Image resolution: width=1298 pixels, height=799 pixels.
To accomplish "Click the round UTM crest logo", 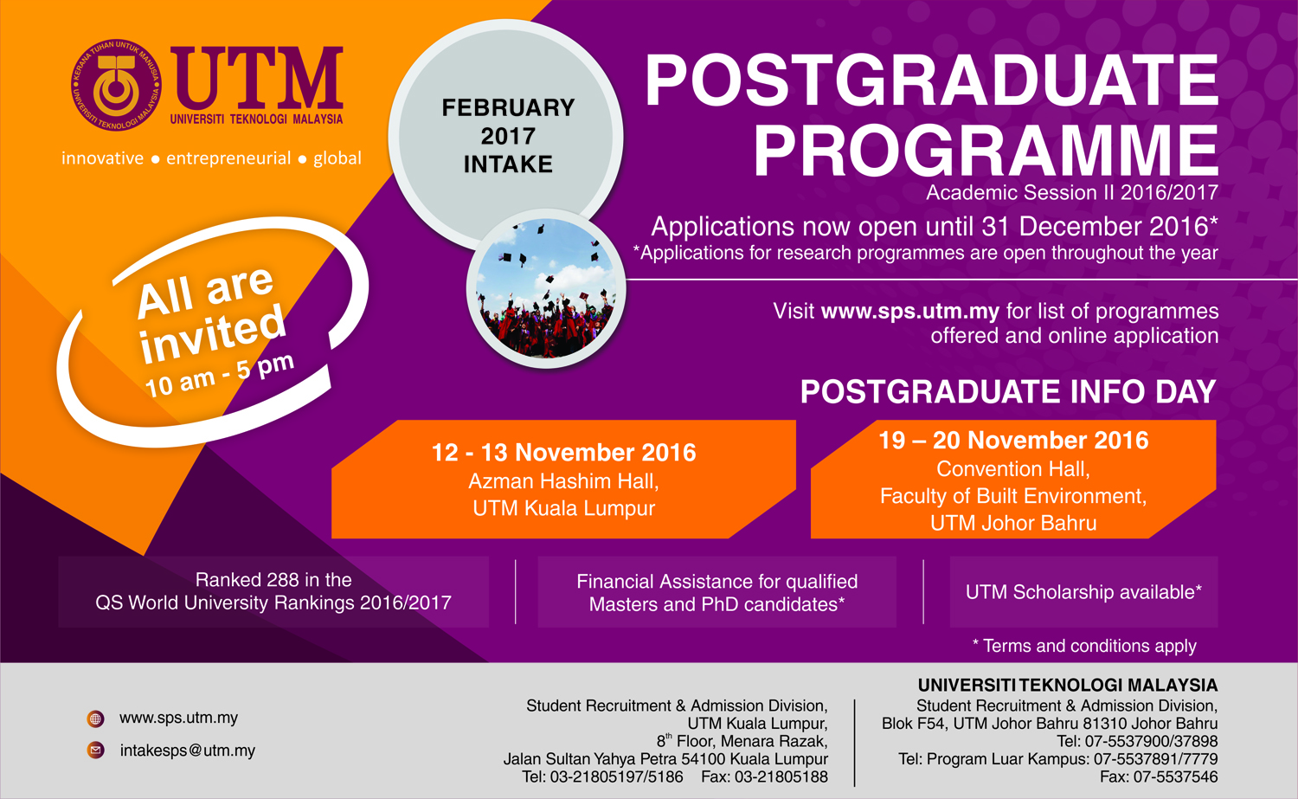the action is [x=116, y=85].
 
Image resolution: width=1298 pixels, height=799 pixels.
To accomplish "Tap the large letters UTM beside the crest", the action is [x=257, y=78].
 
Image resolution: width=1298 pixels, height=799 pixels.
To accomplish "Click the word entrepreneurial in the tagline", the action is [x=228, y=159].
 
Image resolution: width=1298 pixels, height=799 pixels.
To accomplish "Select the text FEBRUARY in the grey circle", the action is [x=508, y=108].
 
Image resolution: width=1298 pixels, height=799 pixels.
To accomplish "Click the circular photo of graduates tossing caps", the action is [x=546, y=288].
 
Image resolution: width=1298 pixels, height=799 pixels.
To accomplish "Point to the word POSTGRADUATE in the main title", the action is [x=932, y=80].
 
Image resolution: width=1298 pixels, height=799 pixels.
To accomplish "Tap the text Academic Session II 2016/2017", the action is [x=1072, y=192].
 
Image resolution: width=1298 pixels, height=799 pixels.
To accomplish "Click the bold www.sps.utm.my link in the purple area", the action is [x=909, y=312].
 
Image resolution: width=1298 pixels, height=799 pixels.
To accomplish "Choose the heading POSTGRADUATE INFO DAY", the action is [x=1008, y=391].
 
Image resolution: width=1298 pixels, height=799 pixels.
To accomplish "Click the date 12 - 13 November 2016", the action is [x=564, y=453].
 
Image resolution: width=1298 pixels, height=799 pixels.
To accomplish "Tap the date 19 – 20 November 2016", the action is [x=1013, y=441].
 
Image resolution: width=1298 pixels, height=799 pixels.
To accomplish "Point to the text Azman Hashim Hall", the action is [x=563, y=481].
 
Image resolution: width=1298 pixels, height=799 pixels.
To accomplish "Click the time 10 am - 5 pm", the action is [x=220, y=375].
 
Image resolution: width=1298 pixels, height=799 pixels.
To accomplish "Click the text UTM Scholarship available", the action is [x=1083, y=592].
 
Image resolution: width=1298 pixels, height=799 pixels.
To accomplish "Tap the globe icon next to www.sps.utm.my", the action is [x=95, y=719].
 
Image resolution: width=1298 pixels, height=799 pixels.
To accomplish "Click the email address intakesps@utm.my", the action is [x=188, y=751].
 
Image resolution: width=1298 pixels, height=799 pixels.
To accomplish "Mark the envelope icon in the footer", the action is [x=95, y=751].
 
